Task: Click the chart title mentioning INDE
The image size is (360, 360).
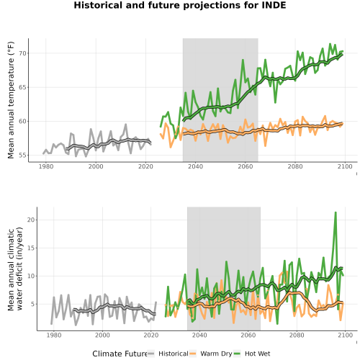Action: coord(180,5)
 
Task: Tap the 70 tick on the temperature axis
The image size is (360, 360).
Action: coord(22,53)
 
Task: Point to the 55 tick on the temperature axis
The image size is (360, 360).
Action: coord(22,156)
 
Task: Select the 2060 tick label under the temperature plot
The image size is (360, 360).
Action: coord(246,166)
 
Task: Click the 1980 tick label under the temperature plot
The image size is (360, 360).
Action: coord(46,166)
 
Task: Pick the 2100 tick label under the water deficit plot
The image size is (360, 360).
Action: coord(345,335)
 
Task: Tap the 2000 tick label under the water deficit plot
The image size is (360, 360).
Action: coord(102,335)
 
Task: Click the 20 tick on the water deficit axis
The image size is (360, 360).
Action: coord(31,220)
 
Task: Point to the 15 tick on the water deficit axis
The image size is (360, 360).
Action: coord(31,248)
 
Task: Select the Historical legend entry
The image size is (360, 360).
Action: coord(168,354)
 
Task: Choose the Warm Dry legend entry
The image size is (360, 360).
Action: coord(211,354)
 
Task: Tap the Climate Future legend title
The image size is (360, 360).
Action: coord(120,354)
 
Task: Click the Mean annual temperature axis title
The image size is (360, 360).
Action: coord(11,100)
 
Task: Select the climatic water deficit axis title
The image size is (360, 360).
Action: coord(15,269)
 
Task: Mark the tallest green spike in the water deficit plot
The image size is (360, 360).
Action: coord(336,212)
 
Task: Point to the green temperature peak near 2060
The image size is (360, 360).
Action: coord(243,60)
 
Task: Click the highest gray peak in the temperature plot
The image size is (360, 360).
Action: coord(126,125)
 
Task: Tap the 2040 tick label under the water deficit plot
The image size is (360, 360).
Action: coord(199,335)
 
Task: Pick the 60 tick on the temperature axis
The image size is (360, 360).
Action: coord(22,121)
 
